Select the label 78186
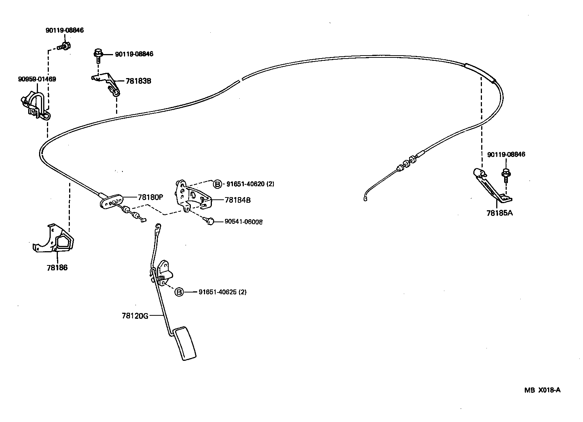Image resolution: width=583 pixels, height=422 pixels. click(x=57, y=268)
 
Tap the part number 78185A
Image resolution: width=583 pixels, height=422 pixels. click(x=499, y=213)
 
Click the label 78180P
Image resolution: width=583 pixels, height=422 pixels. click(x=151, y=197)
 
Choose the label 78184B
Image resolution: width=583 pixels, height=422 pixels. click(x=237, y=200)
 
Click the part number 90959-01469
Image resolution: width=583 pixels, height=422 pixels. click(x=37, y=79)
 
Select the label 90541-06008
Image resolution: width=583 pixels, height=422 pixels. click(x=243, y=222)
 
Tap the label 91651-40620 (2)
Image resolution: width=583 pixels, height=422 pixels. click(x=250, y=184)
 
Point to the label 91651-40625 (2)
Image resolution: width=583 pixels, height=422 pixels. click(x=222, y=292)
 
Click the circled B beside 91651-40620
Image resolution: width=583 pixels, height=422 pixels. click(x=217, y=184)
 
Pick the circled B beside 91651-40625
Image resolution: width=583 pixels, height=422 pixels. click(x=179, y=292)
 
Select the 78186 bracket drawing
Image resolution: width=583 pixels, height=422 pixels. click(x=54, y=240)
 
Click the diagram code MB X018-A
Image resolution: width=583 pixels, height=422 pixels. click(x=542, y=390)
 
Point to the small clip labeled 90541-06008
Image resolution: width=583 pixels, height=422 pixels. click(x=210, y=221)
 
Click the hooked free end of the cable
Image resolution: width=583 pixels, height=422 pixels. click(x=365, y=199)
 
